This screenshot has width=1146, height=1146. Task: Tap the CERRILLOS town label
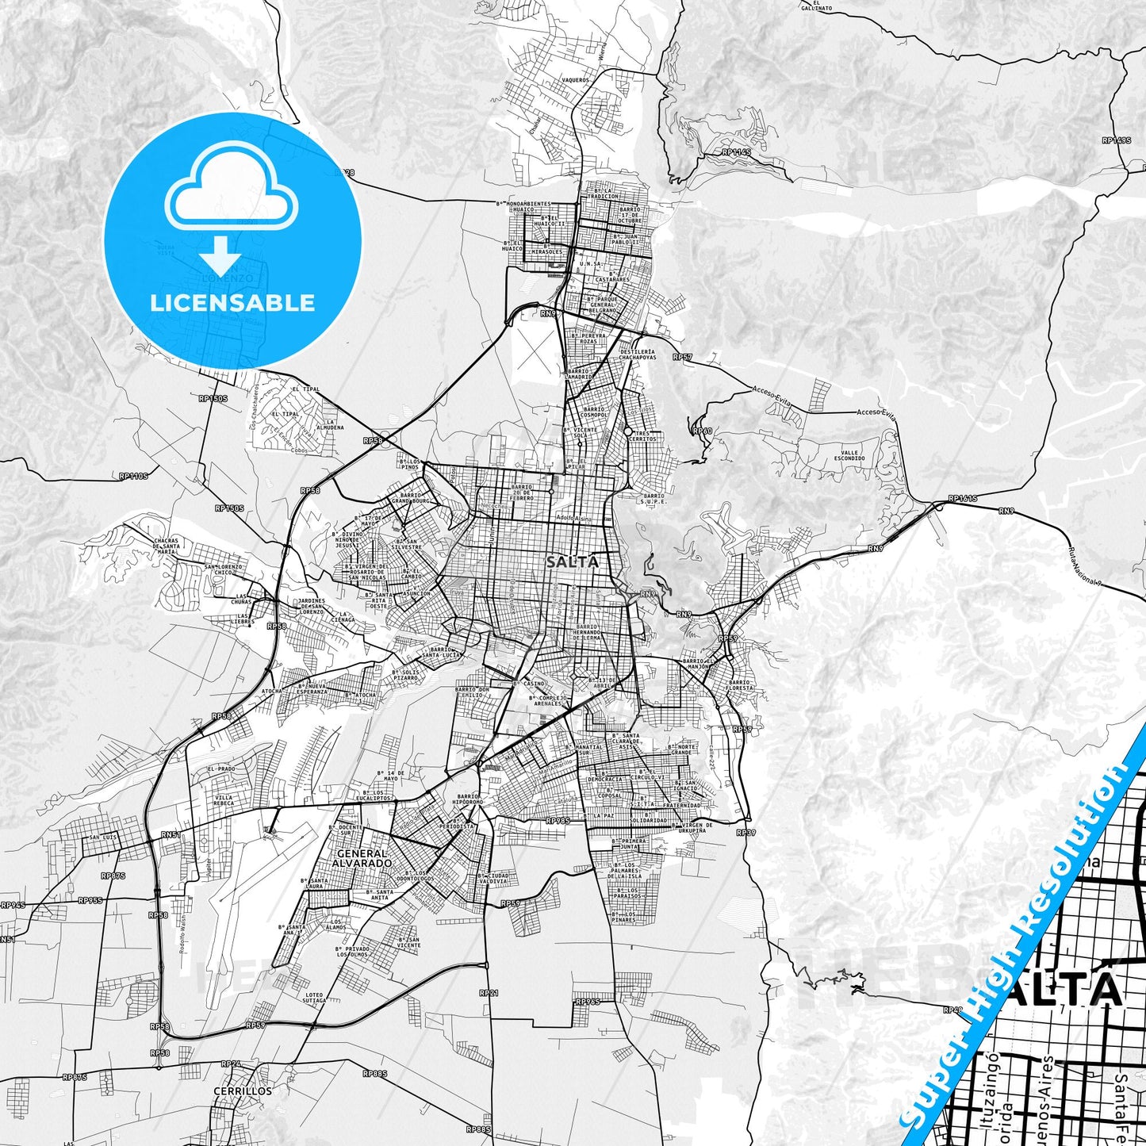243,1090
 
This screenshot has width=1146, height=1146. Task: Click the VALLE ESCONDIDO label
848,455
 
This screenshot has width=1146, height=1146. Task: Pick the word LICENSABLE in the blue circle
233,303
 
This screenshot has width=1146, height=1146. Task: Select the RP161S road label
963,500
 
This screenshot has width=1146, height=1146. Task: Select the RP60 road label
702,431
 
